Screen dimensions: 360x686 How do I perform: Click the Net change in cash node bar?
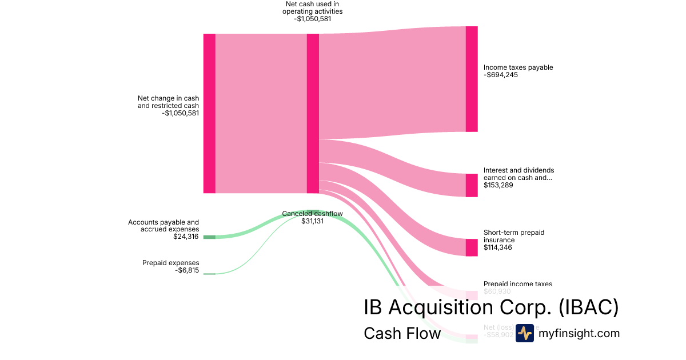pos(209,113)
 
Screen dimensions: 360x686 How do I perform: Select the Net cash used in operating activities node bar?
pos(313,113)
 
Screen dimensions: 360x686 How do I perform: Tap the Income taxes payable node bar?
pos(472,79)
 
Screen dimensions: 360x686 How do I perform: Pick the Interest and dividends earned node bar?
pos(472,185)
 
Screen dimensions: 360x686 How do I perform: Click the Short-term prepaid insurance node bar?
pos(472,247)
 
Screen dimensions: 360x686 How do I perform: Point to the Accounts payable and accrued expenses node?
pos(209,237)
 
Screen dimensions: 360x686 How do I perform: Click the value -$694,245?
pos(501,75)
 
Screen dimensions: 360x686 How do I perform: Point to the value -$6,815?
pos(187,270)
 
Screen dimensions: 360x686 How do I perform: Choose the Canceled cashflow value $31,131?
pos(312,221)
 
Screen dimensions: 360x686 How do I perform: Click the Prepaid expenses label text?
pos(171,263)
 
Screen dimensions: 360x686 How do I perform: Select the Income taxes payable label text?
pos(518,67)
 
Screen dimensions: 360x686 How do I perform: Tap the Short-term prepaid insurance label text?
pos(514,236)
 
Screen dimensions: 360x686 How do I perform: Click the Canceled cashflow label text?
pos(312,214)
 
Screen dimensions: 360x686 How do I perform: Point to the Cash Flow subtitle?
pos(402,333)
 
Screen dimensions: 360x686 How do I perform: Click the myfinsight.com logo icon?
pos(524,333)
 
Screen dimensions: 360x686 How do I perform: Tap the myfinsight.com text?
pos(579,333)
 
